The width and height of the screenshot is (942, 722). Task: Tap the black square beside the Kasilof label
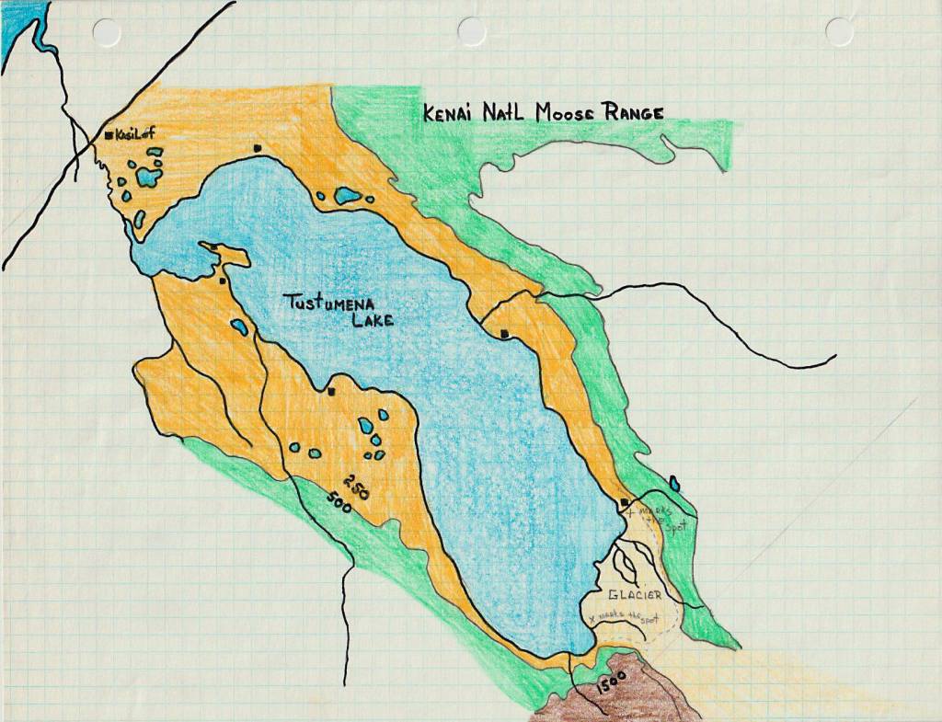pyautogui.click(x=109, y=135)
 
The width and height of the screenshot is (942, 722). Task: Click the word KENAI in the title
pyautogui.click(x=451, y=113)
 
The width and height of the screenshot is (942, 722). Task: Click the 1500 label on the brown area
pyautogui.click(x=610, y=682)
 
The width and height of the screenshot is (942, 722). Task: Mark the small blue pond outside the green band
pyautogui.click(x=674, y=482)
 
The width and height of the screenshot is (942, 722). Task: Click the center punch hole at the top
pyautogui.click(x=472, y=31)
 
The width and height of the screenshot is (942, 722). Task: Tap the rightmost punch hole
pyautogui.click(x=839, y=31)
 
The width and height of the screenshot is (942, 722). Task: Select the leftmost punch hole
pyautogui.click(x=107, y=32)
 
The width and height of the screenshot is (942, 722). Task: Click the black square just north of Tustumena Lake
pyautogui.click(x=258, y=147)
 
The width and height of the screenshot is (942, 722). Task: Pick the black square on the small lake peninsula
pyautogui.click(x=214, y=247)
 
